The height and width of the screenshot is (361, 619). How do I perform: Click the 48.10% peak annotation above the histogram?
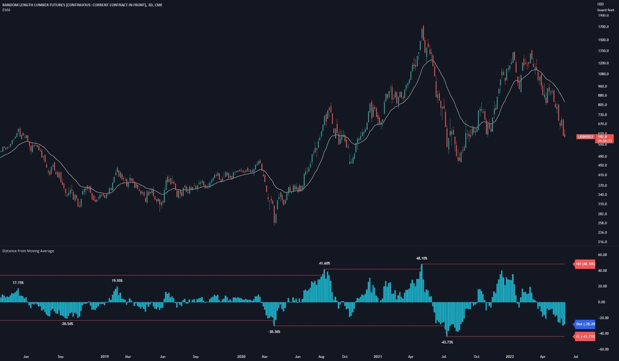click(422, 258)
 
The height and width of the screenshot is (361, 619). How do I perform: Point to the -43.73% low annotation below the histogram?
click(447, 342)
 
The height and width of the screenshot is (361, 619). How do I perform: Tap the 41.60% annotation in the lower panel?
click(324, 263)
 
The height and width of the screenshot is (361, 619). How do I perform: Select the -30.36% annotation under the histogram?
click(274, 332)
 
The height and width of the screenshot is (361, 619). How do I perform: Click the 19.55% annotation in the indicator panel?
click(117, 281)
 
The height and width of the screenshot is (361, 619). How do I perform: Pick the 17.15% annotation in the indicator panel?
click(18, 283)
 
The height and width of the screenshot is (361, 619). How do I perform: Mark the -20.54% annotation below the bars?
click(67, 324)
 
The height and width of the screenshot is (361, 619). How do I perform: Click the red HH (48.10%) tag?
click(585, 264)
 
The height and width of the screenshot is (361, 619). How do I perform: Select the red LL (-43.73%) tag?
click(585, 336)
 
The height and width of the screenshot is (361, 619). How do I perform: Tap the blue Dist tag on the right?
click(585, 324)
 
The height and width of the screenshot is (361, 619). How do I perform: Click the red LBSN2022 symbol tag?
click(585, 136)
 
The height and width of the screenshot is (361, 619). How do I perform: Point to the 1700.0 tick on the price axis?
click(603, 27)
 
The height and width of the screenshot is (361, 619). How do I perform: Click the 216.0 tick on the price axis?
click(602, 242)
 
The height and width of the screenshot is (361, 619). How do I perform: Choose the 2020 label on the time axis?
click(241, 356)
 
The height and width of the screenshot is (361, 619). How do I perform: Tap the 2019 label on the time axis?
click(104, 356)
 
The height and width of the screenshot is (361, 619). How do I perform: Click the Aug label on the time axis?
click(321, 356)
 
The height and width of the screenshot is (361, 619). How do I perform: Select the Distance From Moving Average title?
click(28, 251)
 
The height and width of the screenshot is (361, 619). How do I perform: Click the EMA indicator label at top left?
click(6, 10)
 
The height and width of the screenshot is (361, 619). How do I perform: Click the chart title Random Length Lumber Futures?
click(82, 5)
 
